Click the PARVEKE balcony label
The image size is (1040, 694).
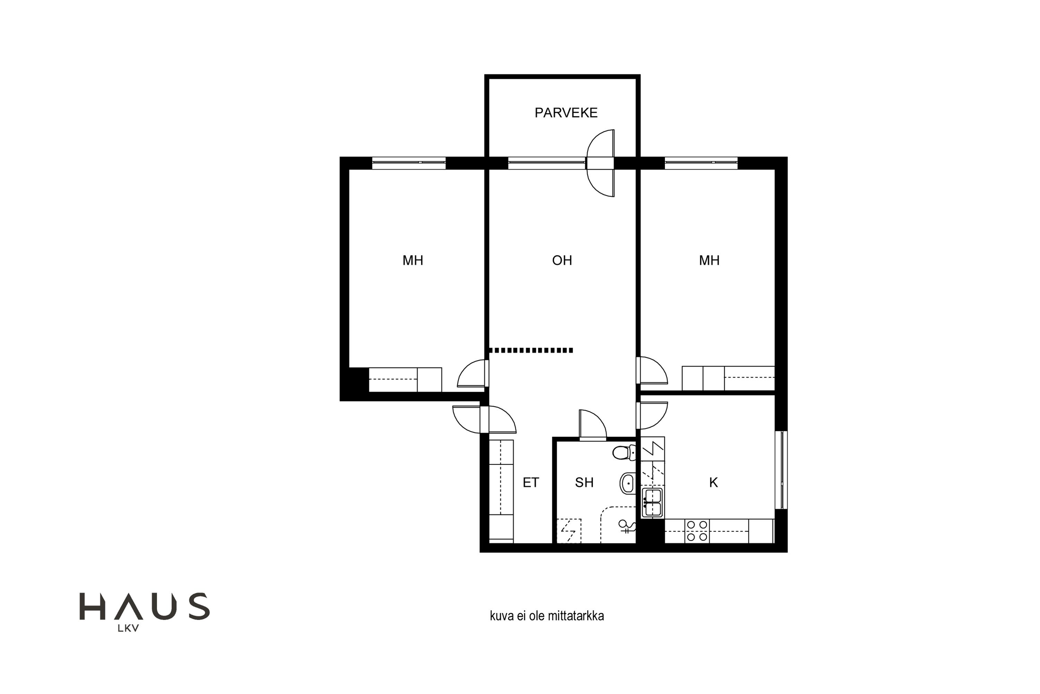(566, 113)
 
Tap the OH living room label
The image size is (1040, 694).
(562, 260)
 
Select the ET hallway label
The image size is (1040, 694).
(531, 482)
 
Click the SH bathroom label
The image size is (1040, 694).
(584, 482)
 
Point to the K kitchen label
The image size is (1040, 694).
(713, 482)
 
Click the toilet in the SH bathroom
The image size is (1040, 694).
(624, 453)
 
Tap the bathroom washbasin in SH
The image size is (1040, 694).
(627, 483)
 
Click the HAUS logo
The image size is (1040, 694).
(144, 607)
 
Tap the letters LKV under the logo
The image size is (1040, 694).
(128, 628)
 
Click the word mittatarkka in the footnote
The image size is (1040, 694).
(576, 616)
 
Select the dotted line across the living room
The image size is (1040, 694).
(531, 350)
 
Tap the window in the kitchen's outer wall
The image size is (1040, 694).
(781, 470)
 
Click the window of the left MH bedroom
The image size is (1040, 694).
(409, 163)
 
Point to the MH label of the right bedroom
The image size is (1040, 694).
(709, 260)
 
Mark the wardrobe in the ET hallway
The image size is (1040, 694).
(501, 491)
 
